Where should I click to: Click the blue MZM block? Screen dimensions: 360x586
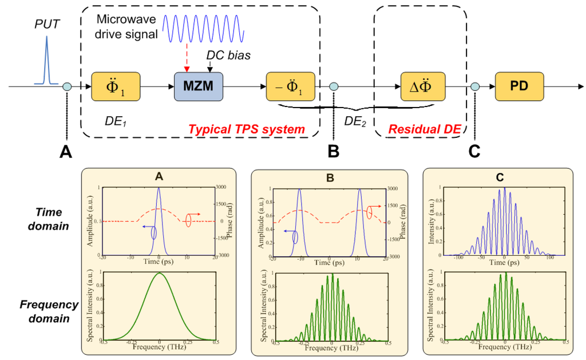click(x=199, y=86)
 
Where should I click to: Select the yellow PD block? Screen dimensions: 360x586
click(x=519, y=86)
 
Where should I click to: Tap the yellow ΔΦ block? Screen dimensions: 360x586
click(x=423, y=86)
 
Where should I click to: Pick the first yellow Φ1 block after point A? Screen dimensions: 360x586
click(x=117, y=86)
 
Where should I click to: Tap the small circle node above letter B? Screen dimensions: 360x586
click(x=334, y=86)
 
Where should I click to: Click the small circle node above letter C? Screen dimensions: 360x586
click(x=474, y=86)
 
